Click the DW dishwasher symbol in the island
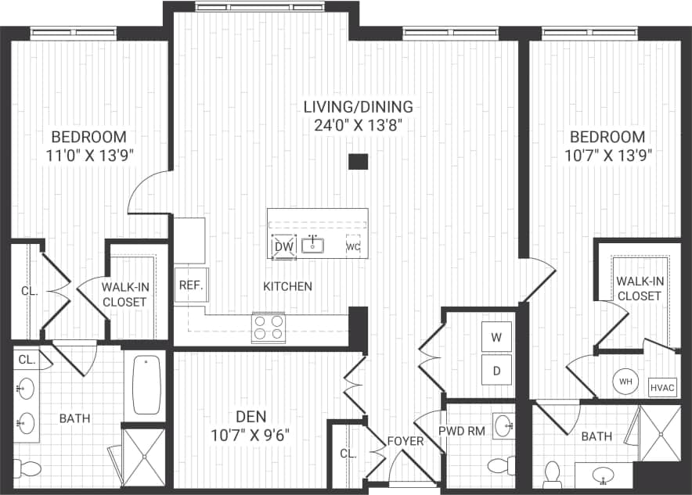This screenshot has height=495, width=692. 283,247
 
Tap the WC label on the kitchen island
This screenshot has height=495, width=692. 353,247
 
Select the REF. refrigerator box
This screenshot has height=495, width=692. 190,285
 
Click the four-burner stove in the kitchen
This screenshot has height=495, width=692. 268,328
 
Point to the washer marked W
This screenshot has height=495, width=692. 496,338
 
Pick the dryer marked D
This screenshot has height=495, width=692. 496,371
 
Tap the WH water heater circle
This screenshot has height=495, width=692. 625,382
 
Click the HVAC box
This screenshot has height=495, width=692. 662,386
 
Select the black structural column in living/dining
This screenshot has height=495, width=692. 358,162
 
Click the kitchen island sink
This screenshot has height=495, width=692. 314,246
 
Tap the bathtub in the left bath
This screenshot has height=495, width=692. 146,385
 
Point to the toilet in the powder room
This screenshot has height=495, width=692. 499,465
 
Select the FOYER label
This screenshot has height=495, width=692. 405,441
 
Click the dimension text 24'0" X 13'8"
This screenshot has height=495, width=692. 359,124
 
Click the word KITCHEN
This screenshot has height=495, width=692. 287,286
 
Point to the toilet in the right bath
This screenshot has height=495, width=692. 552,472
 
